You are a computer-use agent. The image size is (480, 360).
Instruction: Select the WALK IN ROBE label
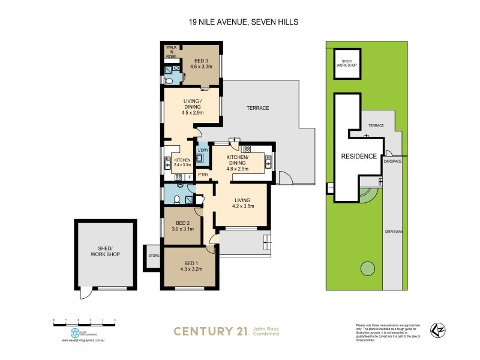coord(171,52)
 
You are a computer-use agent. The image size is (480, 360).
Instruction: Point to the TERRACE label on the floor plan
coord(258,108)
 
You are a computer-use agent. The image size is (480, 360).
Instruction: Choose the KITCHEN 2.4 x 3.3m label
coord(182,163)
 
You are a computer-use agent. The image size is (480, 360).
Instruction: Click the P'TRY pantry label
coord(203,175)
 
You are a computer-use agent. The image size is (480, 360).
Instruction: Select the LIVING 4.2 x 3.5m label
coord(242,203)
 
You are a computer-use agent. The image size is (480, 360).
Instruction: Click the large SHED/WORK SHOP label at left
coord(104,252)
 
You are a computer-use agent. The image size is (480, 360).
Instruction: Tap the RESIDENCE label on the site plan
coord(359,156)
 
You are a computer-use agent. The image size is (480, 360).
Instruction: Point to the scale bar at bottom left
coord(84,321)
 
